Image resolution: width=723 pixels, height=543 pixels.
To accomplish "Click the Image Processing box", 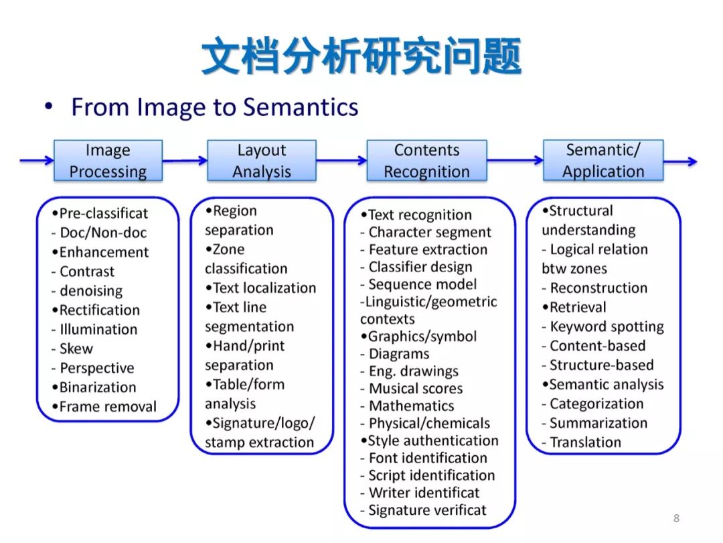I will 108,161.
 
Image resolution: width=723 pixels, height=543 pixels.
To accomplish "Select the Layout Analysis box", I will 261,161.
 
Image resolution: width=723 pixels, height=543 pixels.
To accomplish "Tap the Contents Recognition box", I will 426,161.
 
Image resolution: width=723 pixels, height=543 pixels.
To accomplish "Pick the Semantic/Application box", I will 602,160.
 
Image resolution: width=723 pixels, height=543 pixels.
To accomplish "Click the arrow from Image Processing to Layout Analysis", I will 185,161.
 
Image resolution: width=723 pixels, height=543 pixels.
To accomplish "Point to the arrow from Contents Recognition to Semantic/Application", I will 515,161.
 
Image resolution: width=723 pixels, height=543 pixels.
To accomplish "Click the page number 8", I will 676,518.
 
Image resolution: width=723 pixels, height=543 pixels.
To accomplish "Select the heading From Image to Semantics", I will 214,107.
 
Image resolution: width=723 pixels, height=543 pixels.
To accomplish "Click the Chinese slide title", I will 361,57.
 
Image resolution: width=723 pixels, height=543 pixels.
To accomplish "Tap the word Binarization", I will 97,387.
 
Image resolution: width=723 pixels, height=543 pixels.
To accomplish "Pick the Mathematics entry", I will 411,406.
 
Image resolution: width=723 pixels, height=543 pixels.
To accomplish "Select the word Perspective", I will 96,368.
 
